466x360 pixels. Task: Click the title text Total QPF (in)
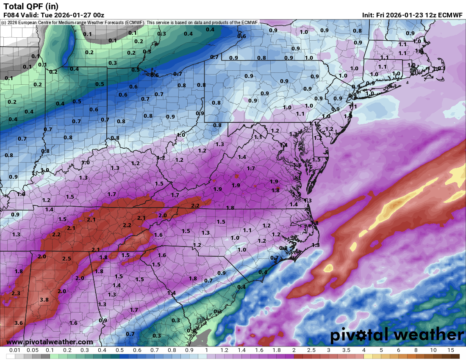pos(31,6)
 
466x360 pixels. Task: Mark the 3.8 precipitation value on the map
pos(44,300)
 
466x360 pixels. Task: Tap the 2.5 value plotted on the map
pos(67,258)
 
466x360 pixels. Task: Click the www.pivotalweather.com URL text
pos(50,342)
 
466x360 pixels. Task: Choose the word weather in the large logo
pos(424,335)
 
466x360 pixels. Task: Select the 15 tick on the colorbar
pos(450,350)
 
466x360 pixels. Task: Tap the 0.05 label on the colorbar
pos(33,350)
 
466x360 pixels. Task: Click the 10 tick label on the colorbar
pos(433,350)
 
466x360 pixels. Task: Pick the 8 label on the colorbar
pos(416,350)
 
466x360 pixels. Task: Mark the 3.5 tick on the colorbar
pos(346,350)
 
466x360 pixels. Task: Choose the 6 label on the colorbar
pos(398,350)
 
